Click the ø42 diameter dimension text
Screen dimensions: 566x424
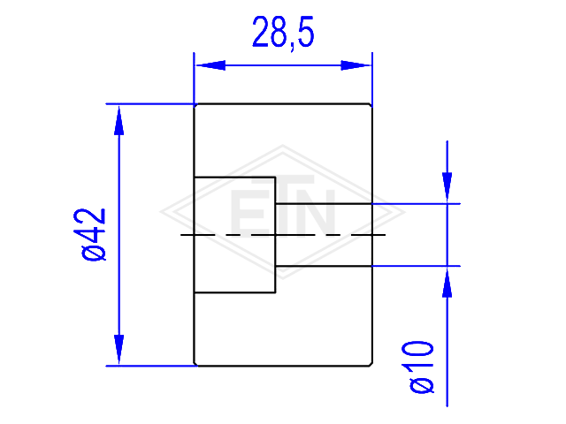(93, 234)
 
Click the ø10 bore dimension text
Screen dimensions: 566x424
(421, 367)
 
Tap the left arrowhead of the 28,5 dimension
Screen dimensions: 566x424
(210, 65)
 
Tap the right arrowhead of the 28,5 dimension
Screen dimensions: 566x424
(356, 65)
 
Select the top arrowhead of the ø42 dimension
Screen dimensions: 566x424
(119, 120)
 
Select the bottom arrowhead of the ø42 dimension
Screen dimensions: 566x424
(119, 350)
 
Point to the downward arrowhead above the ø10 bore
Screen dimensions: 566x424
(447, 187)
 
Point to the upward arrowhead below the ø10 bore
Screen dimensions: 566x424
(447, 283)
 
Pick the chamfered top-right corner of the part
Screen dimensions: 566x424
(371, 105)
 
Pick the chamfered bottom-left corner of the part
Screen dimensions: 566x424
(195, 364)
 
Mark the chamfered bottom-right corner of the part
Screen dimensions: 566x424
(371, 364)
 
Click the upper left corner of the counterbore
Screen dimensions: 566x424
(195, 177)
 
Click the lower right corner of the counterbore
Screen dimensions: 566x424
(275, 292)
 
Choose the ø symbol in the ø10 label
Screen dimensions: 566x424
(421, 385)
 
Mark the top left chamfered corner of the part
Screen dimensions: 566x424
(195, 105)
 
